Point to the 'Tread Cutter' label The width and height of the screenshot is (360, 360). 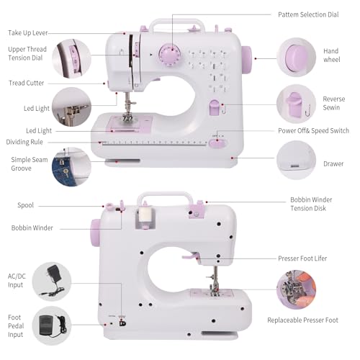[x=25, y=83]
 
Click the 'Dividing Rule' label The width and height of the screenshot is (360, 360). [x=27, y=142]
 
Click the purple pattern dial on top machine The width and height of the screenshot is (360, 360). [x=170, y=56]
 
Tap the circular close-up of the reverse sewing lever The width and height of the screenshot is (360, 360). [x=297, y=103]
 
